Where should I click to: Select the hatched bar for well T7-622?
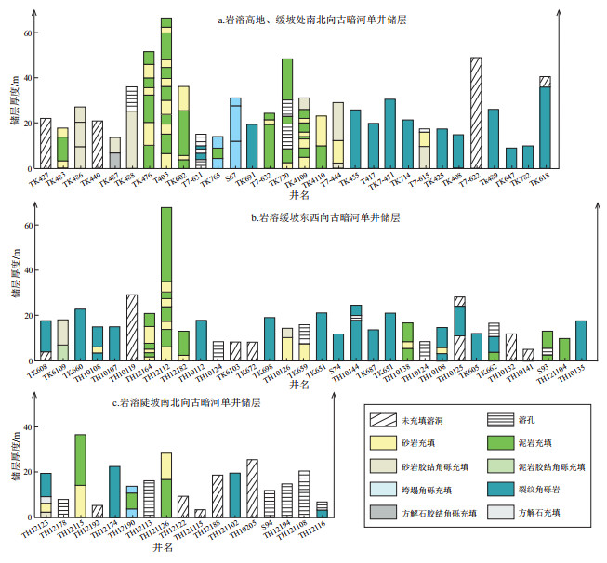pos(476,112)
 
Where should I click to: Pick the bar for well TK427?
pos(46,143)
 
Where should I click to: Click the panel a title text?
pos(298,20)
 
